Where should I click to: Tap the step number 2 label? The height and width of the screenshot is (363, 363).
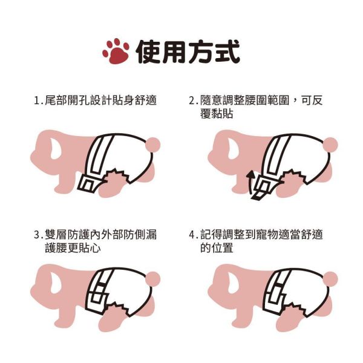pos(192,100)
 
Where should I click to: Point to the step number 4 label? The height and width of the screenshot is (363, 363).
pos(192,235)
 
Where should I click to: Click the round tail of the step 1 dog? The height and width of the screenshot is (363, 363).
pos(154,144)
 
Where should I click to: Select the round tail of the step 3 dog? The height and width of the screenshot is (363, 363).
pos(154,278)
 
